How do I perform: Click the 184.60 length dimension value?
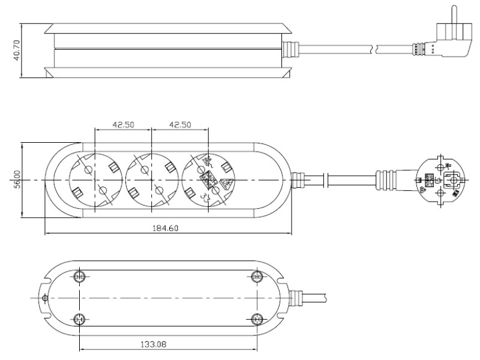coord(164,228)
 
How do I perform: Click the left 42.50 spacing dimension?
coord(123,125)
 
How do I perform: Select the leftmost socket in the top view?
coord(95,180)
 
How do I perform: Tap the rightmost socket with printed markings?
coord(208,179)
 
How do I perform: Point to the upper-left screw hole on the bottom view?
coord(79,277)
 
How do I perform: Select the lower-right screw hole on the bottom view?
coord(257,319)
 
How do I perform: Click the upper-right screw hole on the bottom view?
coord(257,277)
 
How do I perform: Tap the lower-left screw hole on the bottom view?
coord(79,319)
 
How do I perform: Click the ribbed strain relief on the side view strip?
coord(290,48)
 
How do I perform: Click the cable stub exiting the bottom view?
coord(309,296)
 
